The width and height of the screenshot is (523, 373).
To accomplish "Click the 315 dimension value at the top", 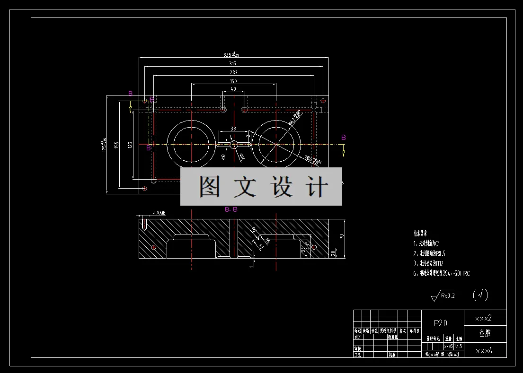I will [232, 63].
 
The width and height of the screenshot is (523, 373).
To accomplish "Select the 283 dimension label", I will [233, 72].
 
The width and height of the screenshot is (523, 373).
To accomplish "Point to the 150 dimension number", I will [233, 81].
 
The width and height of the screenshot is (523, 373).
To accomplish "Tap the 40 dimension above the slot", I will [233, 89].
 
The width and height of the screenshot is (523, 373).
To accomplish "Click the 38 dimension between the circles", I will [233, 128].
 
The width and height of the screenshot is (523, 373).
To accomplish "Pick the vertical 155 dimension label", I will [116, 144].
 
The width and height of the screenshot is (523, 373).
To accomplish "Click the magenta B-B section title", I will [231, 209].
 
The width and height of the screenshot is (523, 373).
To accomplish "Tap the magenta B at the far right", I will [344, 138].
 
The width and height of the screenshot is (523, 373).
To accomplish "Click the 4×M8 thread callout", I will [159, 214].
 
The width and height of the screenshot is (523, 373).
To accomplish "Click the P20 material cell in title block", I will [441, 323].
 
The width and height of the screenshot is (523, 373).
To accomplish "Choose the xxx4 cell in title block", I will [484, 351].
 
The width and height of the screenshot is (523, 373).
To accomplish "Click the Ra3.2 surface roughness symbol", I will [444, 296].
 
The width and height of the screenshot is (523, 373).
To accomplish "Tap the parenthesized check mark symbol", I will [480, 295].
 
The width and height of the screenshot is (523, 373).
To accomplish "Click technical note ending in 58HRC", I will [442, 273].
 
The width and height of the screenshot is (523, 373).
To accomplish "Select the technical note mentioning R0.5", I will [432, 253].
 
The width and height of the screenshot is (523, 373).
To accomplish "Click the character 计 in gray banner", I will [316, 187].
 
